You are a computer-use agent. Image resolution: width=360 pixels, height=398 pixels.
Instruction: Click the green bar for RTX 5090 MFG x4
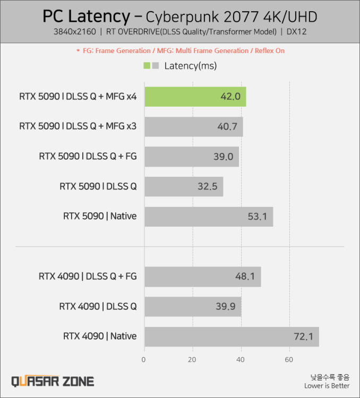(x=194, y=97)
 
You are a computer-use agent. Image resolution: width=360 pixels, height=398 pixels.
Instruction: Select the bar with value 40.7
(x=193, y=127)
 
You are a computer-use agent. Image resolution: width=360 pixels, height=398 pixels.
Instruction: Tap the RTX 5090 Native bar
(x=208, y=217)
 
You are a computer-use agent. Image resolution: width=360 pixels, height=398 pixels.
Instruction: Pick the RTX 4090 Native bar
(x=231, y=336)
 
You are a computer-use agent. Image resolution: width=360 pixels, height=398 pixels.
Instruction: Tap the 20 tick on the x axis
(x=192, y=360)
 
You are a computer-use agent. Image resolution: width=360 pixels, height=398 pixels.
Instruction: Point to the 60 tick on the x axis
(x=289, y=360)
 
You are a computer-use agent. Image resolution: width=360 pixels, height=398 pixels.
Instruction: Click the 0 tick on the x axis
(x=144, y=360)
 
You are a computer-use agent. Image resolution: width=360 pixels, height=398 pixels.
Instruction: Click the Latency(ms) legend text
(x=191, y=66)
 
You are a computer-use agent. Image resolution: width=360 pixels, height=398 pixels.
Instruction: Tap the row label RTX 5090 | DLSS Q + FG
(x=88, y=157)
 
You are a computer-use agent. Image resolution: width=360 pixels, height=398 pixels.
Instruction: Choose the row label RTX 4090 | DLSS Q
(x=98, y=306)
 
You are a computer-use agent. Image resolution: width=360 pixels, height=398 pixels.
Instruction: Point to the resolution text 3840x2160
(x=74, y=32)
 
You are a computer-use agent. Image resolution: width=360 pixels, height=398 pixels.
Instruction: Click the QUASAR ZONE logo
(x=53, y=381)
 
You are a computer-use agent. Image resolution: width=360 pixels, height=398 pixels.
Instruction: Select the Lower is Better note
(x=327, y=386)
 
